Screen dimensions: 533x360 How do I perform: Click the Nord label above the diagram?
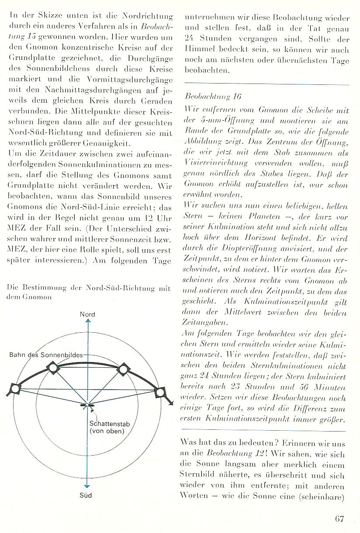87,314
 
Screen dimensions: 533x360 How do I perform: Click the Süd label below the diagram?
88,496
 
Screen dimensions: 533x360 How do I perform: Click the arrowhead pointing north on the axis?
88,322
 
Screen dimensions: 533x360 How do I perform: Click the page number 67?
340,519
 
